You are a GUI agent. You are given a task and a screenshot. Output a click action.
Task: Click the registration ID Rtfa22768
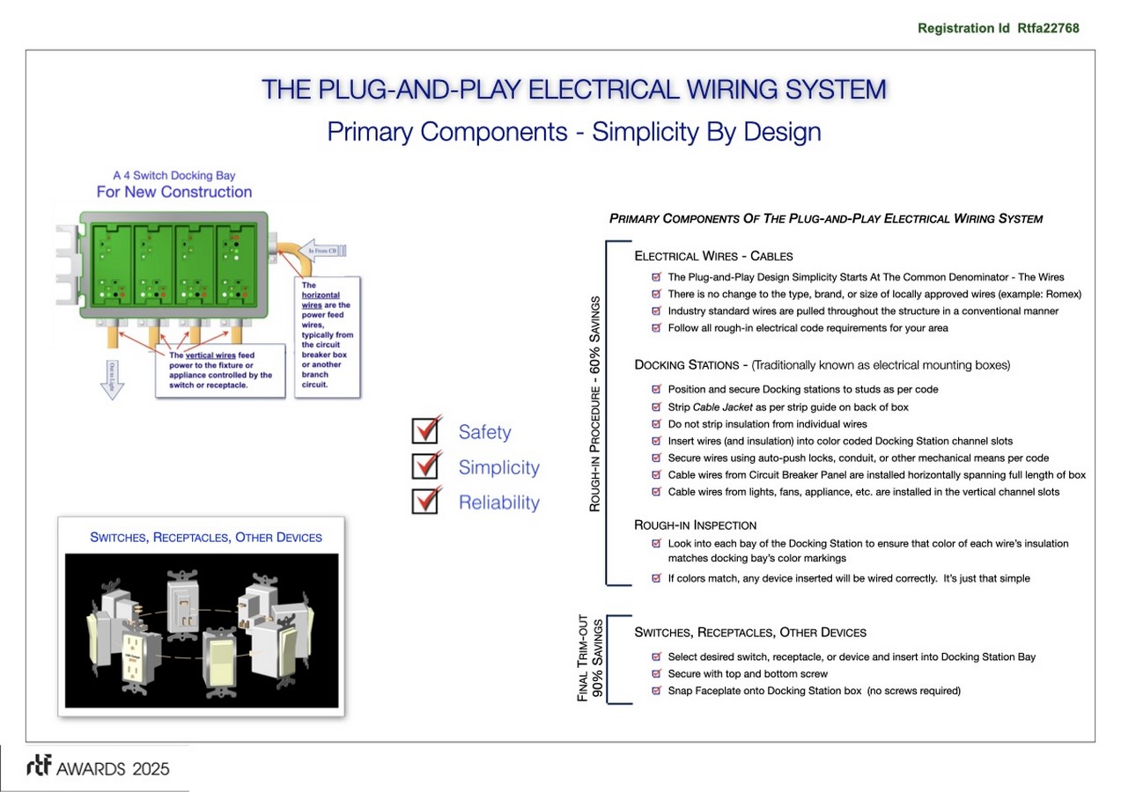[x=1047, y=28]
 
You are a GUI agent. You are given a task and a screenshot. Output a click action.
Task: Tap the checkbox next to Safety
[x=426, y=430]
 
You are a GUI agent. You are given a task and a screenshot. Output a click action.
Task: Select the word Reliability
[x=498, y=502]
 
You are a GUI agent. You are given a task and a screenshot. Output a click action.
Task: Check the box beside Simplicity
[x=426, y=466]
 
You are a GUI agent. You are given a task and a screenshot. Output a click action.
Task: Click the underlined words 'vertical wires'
[x=210, y=356]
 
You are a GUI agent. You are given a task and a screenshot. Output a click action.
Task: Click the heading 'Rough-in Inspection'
[x=695, y=525]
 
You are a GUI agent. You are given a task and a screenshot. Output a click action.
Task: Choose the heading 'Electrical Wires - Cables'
[x=713, y=256]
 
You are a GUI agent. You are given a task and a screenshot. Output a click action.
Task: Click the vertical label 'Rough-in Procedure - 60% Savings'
[x=595, y=403]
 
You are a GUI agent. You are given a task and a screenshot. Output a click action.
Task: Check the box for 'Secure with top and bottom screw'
[x=656, y=674]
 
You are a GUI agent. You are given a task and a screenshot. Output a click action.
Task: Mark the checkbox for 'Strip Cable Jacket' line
[x=656, y=407]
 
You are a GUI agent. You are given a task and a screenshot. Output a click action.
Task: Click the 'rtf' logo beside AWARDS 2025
[x=39, y=766]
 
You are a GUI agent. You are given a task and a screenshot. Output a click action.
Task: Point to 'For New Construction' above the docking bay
[x=174, y=192]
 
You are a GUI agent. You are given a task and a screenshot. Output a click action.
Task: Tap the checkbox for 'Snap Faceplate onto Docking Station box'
[x=656, y=691]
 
